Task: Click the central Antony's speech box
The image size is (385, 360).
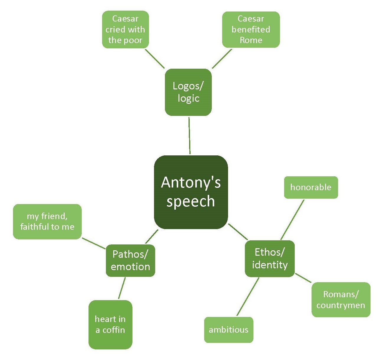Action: (191, 192)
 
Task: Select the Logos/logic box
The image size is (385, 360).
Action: (188, 92)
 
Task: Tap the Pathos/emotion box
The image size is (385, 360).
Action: (130, 260)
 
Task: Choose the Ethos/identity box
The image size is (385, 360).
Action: (270, 259)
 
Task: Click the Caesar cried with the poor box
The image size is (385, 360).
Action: (125, 29)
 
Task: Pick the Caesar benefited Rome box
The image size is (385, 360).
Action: (251, 29)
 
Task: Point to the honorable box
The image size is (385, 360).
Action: (311, 187)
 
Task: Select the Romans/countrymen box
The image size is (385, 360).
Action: (341, 300)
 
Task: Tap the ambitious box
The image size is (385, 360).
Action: (229, 330)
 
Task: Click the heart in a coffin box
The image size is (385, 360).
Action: (110, 324)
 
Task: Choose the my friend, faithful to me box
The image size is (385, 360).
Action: (47, 221)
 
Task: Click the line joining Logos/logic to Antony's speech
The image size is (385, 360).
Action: (189, 135)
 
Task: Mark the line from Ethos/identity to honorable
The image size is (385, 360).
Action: (292, 220)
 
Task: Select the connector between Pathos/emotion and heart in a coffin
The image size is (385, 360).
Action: (122, 288)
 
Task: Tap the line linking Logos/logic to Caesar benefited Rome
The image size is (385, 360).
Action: (222, 59)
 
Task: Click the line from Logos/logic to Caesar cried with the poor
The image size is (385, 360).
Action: (155, 59)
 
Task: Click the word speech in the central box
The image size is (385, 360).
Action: (191, 201)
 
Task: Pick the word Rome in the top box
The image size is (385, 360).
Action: (251, 40)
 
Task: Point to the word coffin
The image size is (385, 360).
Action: (114, 330)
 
